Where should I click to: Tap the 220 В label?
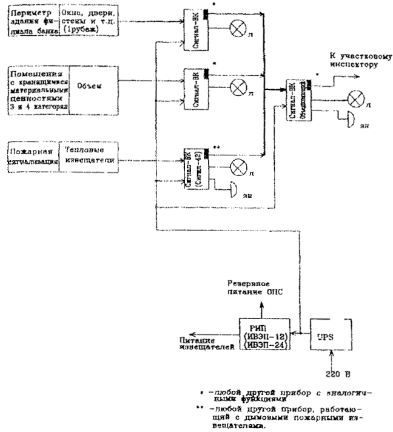tap(332, 375)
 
